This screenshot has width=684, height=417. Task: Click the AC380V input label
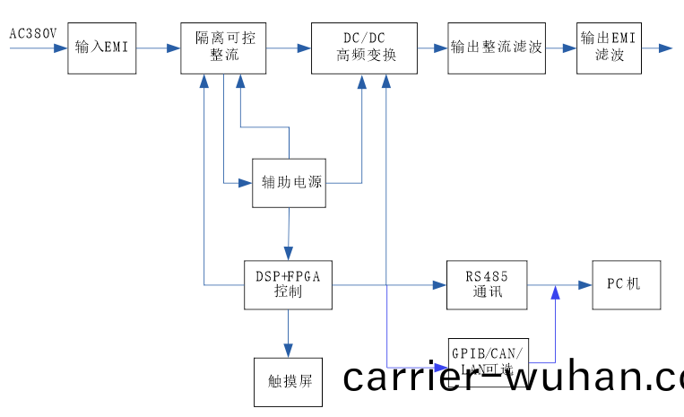point(33,34)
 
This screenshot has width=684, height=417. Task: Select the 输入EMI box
point(101,48)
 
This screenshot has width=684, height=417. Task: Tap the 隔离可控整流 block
point(223,48)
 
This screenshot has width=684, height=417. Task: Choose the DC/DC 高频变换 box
point(366,48)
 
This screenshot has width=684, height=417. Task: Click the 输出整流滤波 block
point(496,48)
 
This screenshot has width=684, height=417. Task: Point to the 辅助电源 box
point(289,183)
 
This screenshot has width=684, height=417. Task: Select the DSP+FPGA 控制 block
point(289,285)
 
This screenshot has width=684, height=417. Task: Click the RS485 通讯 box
point(486,285)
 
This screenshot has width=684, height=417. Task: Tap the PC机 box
point(626,285)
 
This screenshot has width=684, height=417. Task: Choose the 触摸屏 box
point(289,381)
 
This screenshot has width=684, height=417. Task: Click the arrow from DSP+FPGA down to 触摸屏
point(289,334)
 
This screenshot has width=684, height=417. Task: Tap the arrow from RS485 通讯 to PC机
point(559,285)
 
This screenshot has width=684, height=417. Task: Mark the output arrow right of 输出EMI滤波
point(658,48)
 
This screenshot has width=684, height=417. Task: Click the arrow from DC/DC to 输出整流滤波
point(434,48)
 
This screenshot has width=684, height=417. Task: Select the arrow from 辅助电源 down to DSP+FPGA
point(289,233)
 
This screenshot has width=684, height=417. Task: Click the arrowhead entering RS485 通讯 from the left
point(439,285)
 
